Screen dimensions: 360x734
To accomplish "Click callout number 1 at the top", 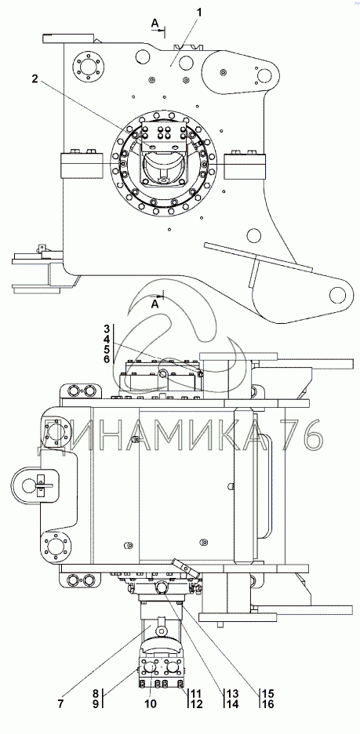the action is [x=199, y=13].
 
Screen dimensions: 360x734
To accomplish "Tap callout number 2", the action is [x=35, y=78].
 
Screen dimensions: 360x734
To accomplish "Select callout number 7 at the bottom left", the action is [x=59, y=703].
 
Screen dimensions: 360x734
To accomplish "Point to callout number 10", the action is [x=151, y=703].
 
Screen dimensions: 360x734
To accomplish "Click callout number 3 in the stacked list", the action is [x=106, y=328].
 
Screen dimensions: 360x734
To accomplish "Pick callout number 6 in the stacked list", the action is [x=106, y=359].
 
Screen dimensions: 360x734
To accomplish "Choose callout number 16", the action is [x=267, y=703].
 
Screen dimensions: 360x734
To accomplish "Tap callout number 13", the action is [x=233, y=693].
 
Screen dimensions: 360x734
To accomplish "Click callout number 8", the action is [x=95, y=693].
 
